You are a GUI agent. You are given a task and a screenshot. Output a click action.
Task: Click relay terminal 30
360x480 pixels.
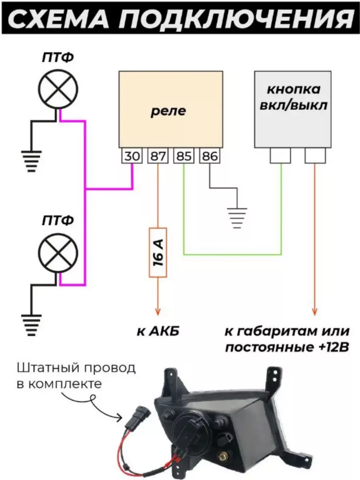[132, 156]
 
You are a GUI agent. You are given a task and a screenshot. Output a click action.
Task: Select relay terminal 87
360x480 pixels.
[158, 156]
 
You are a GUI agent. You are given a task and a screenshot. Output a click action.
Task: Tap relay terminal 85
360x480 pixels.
[184, 156]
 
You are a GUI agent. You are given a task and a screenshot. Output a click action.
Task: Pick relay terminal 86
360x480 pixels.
[210, 156]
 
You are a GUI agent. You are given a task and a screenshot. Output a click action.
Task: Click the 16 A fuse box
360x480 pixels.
[158, 253]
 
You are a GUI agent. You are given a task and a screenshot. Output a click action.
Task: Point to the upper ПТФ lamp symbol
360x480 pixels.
[58, 89]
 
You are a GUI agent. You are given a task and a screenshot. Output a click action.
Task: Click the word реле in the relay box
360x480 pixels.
[168, 111]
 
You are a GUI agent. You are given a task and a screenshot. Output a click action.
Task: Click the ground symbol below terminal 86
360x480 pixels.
[237, 218]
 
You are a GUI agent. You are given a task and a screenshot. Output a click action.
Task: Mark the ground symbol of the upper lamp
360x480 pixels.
[31, 161]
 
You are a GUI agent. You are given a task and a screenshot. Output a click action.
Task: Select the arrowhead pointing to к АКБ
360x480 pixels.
[158, 311]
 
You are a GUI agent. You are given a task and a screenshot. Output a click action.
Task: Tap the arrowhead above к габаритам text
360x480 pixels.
[315, 311]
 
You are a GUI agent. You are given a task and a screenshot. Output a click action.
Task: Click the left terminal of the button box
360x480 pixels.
[280, 155]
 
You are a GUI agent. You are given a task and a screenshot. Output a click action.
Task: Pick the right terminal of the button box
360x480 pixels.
[315, 155]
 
